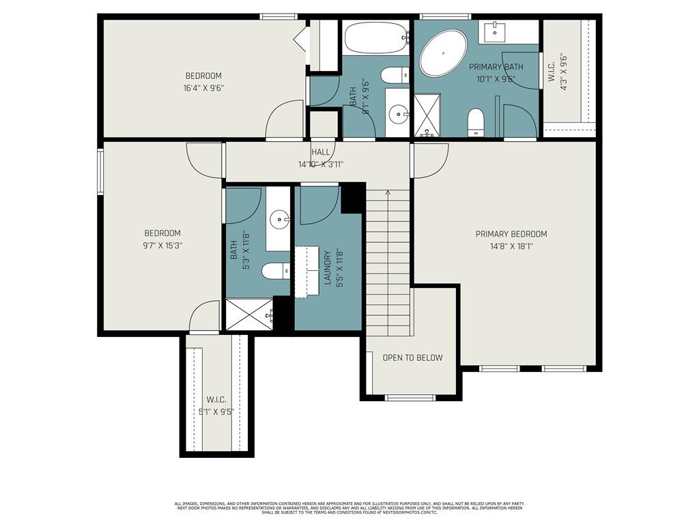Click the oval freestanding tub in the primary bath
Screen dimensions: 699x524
pos(443,53)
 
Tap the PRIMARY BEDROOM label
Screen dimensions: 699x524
pos(511,234)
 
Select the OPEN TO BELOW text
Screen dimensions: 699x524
pos(412,358)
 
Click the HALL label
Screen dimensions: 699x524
pos(321,152)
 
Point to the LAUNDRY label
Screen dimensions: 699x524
pos(327,267)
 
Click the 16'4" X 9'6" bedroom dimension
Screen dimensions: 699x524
pos(203,88)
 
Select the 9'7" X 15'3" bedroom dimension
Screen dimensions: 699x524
pos(162,245)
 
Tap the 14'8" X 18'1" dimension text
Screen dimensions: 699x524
pos(511,246)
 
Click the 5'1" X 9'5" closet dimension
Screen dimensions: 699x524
pos(216,411)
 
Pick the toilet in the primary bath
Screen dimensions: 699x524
pos(476,121)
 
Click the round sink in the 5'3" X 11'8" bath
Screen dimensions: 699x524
pos(279,219)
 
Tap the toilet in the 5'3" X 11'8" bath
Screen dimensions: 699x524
pos(276,270)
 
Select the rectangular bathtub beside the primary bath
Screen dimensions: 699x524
pos(376,38)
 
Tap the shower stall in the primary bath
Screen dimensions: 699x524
pos(427,115)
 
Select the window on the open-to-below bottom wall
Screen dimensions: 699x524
pos(410,398)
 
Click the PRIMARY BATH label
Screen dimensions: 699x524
pos(496,67)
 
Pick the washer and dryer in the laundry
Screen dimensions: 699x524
pos(307,271)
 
